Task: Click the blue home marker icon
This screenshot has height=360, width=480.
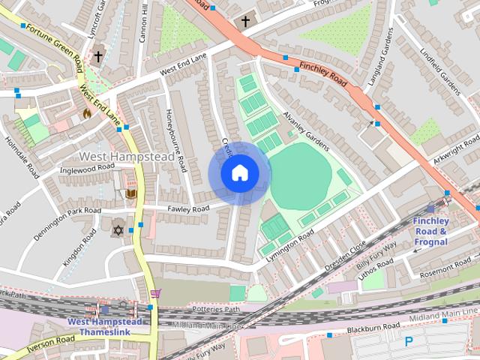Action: point(239,173)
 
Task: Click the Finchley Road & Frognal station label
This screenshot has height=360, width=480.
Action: point(430,231)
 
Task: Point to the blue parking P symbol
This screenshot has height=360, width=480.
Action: point(409,341)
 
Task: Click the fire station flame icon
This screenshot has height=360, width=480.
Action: point(87,114)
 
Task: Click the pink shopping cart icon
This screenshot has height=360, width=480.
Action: point(155,293)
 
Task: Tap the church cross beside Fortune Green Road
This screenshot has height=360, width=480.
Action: point(98,56)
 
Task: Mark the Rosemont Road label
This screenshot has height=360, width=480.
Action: point(445,271)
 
